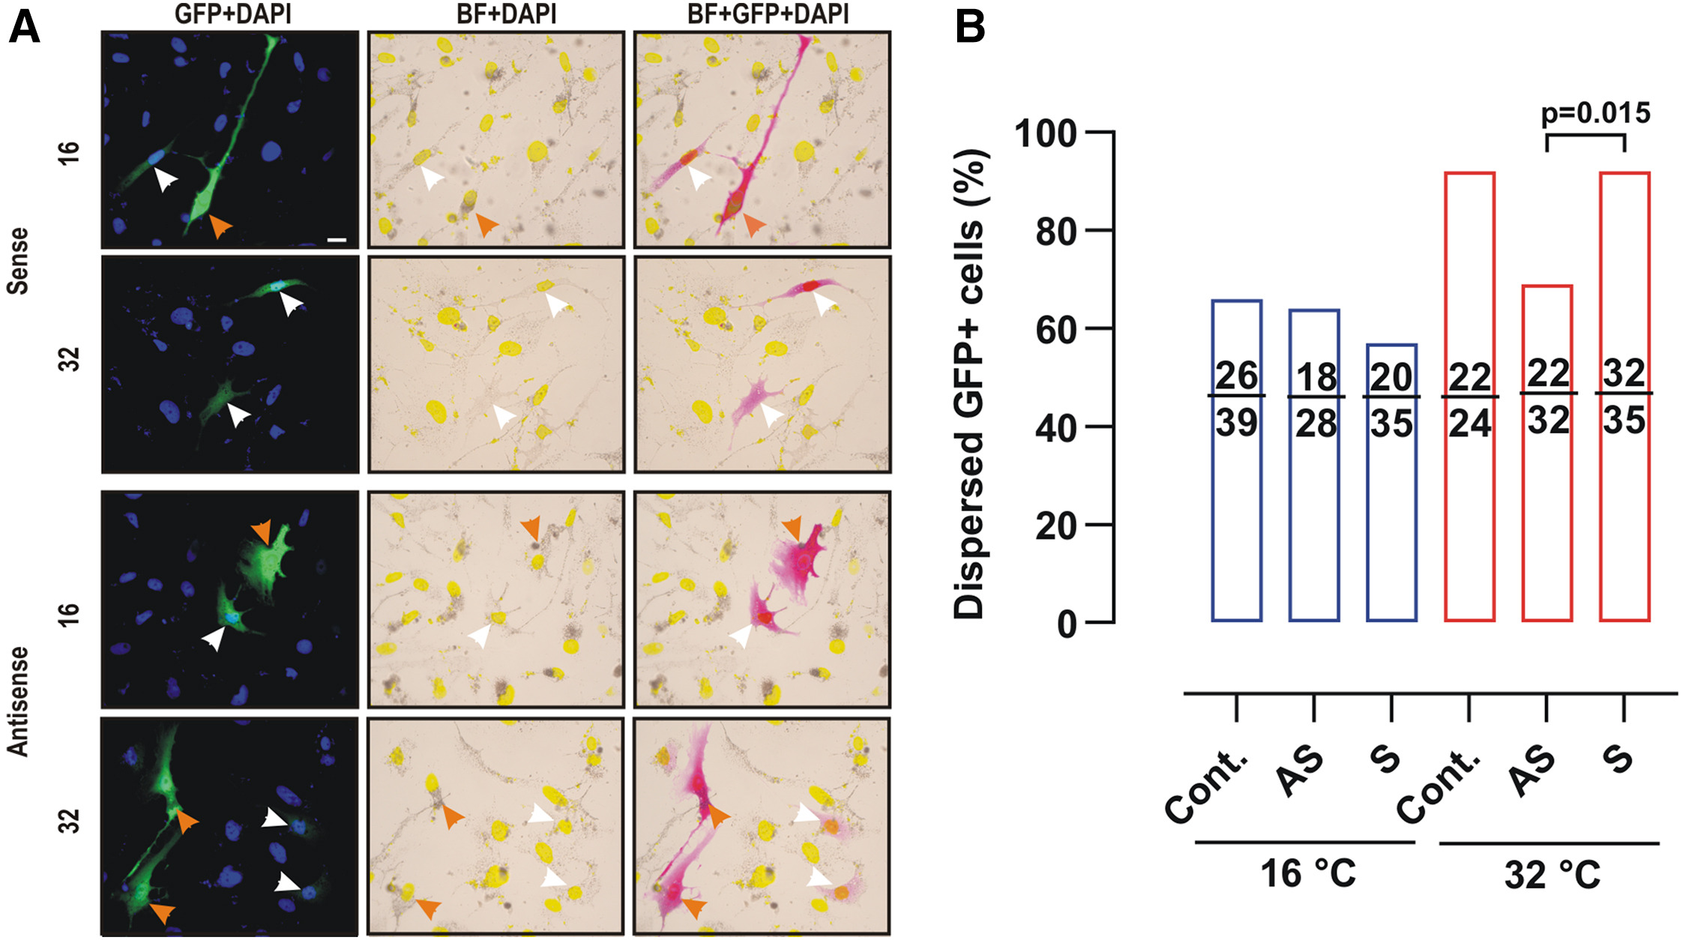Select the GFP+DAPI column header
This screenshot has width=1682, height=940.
pos(232,13)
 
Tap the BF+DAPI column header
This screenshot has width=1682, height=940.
pos(507,13)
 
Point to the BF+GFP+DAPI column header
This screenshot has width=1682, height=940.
pos(768,13)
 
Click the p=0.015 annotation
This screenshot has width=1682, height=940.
pos(1595,113)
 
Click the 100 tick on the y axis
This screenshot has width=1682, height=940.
pos(1045,135)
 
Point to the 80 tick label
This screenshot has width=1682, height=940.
pos(1055,232)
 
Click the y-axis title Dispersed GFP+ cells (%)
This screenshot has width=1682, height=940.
pos(971,382)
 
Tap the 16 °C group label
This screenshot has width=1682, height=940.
pos(1308,873)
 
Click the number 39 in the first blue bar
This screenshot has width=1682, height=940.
pos(1236,424)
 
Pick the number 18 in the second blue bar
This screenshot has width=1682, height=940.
pos(1316,377)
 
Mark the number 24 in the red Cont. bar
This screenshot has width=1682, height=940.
pos(1469,424)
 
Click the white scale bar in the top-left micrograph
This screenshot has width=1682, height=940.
pos(337,240)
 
